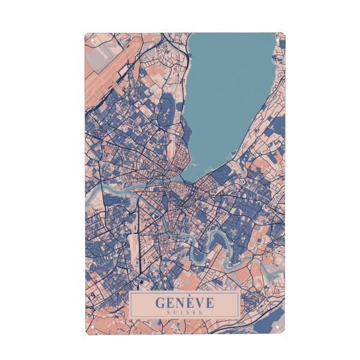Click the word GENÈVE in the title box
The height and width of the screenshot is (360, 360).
point(184,302)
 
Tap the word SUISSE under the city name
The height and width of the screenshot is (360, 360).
point(184,312)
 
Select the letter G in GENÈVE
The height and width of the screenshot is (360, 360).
point(160,302)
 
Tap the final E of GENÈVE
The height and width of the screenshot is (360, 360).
point(208,302)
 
